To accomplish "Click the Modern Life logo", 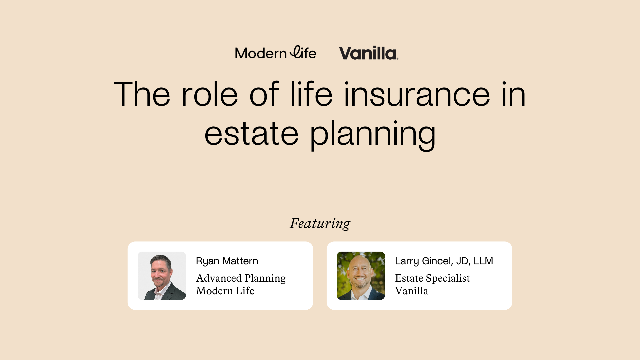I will tap(275, 53).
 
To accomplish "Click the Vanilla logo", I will tap(368, 53).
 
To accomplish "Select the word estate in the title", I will tap(251, 134).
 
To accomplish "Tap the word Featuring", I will tap(320, 223).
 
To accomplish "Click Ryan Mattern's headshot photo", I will tap(162, 276).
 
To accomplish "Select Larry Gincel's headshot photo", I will tap(361, 276).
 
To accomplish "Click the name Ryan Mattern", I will tap(227, 261).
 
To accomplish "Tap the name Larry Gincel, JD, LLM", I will tap(444, 261).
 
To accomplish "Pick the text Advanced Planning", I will tap(241, 278).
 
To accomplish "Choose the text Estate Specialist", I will tap(432, 278).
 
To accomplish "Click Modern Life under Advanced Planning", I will tap(225, 291).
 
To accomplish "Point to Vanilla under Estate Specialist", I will tap(411, 291).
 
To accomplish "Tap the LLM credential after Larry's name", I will tap(483, 261).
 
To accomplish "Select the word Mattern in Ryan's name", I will tap(240, 261).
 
